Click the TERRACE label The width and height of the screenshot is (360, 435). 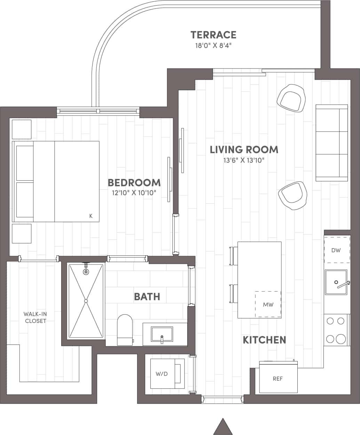(213, 35)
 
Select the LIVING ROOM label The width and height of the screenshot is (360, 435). (244, 150)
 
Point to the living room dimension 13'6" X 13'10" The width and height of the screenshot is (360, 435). (244, 160)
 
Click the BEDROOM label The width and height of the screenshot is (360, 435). (134, 183)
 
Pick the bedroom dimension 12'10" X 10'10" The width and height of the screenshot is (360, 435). (134, 193)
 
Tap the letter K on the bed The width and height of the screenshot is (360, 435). (91, 216)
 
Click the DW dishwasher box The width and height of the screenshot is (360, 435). (336, 250)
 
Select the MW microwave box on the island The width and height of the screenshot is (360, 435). (268, 304)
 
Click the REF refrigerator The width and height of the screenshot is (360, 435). (278, 378)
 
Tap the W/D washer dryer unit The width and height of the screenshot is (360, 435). (162, 374)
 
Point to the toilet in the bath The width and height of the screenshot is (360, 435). (125, 329)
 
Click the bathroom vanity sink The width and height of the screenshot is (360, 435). (162, 334)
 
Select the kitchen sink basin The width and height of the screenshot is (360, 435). (336, 282)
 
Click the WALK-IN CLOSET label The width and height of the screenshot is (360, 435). (35, 317)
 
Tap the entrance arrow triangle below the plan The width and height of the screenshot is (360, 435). (223, 427)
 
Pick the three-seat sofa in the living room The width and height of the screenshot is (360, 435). (331, 143)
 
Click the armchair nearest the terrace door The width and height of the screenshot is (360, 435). (291, 98)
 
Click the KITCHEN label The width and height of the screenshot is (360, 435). (264, 340)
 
